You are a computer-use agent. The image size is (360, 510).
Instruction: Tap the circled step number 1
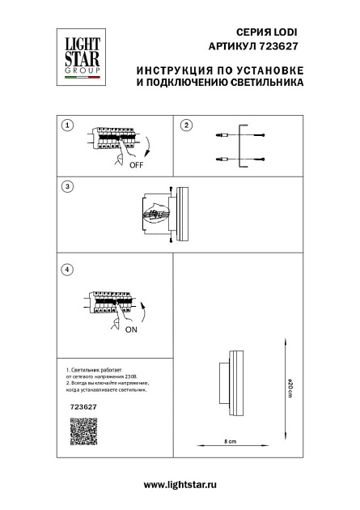[68, 125]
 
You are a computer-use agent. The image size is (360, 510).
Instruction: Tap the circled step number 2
[186, 125]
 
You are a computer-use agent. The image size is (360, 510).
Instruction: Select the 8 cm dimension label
[230, 441]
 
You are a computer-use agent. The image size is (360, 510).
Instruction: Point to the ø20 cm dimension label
[290, 390]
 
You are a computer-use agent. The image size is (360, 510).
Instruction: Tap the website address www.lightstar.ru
[180, 484]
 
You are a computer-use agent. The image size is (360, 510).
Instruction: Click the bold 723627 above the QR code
[74, 408]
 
